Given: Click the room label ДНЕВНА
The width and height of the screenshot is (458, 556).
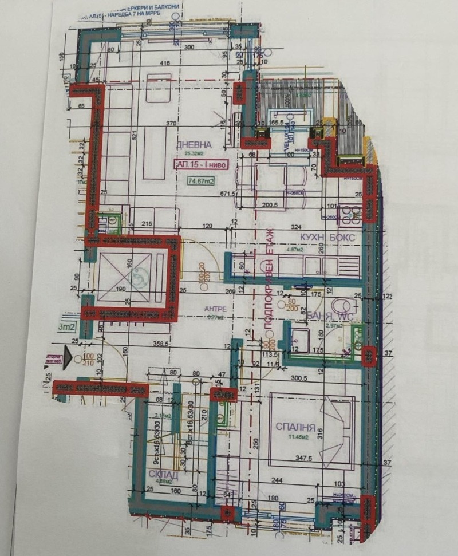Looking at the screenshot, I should pyautogui.click(x=194, y=145).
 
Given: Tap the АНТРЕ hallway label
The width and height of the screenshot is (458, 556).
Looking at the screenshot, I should pyautogui.click(x=216, y=308).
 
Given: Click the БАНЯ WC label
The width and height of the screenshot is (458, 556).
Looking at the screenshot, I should pyautogui.click(x=326, y=316).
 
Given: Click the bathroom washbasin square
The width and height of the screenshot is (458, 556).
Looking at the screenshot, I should pyautogui.click(x=300, y=339).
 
